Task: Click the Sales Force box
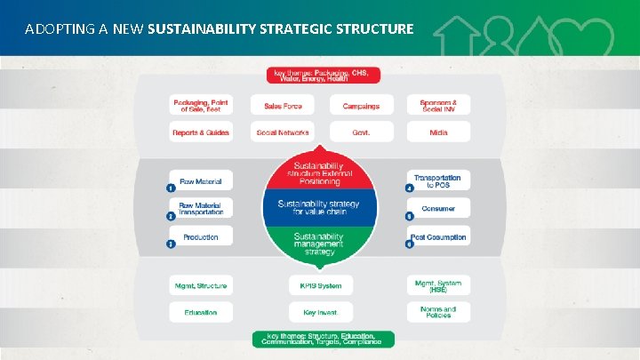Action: pos(283,106)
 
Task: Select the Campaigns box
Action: pos(360,106)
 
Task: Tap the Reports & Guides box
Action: pos(200,132)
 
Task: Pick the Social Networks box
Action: pos(283,132)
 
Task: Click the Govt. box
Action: pos(360,132)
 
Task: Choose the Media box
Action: pos(437,132)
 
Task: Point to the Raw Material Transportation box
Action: pos(200,209)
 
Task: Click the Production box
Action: pos(200,237)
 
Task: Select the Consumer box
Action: pos(437,209)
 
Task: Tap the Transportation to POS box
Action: pos(437,180)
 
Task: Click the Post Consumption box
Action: pos(437,237)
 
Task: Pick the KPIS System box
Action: pos(320,285)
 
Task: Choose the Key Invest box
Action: pos(320,312)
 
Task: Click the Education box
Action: pos(200,312)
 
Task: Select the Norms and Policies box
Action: pos(437,312)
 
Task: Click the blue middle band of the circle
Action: pos(320,208)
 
